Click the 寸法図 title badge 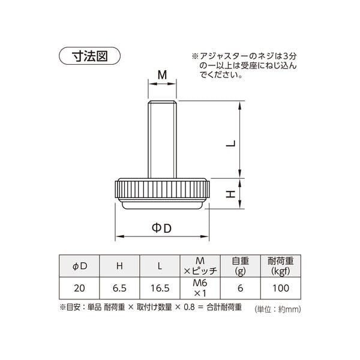[x=90, y=56]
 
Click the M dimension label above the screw [x=163, y=75]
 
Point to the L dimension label [x=231, y=143]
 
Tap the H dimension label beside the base [x=231, y=194]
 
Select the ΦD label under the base [x=161, y=228]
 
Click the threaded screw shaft [x=162, y=139]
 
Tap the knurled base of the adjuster [x=162, y=194]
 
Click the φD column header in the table [x=79, y=266]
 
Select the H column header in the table [x=119, y=266]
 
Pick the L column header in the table [x=160, y=266]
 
